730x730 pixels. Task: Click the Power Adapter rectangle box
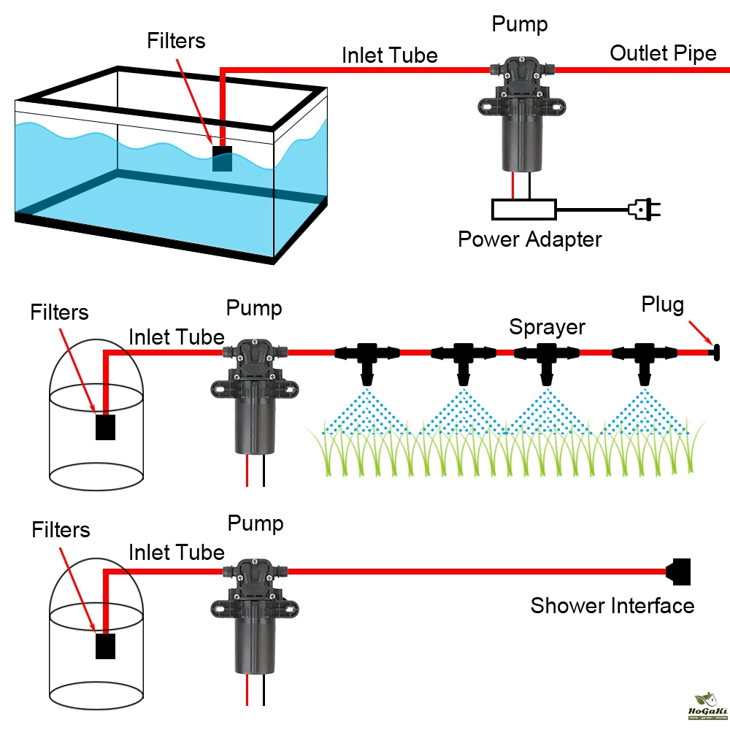click(524, 210)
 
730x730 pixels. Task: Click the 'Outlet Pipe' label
click(663, 53)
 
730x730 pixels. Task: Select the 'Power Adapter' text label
click(529, 239)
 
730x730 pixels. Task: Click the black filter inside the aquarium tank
click(222, 158)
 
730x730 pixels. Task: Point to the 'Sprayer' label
click(547, 326)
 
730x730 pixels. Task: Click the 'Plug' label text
click(662, 304)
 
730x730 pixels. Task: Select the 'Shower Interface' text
click(612, 605)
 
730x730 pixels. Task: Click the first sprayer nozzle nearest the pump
click(368, 361)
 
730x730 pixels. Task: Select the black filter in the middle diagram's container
click(106, 427)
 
